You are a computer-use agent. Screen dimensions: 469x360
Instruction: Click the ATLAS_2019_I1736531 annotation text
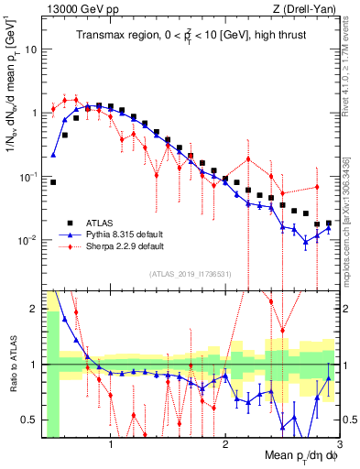pyautogui.click(x=190, y=274)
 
